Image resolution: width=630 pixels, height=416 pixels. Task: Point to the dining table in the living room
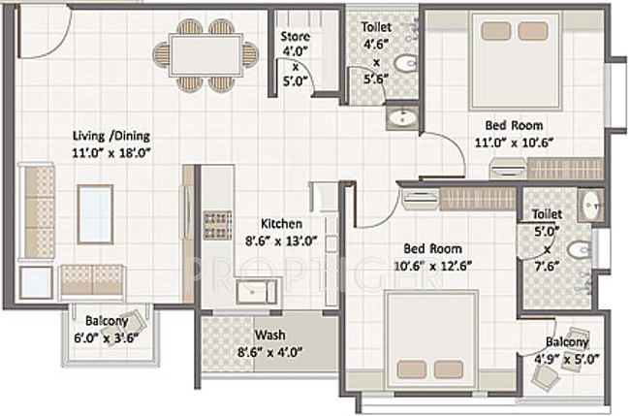tap(205, 54)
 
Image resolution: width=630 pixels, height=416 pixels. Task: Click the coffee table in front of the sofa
tap(95, 213)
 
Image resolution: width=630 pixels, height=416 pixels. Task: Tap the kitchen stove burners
tap(215, 224)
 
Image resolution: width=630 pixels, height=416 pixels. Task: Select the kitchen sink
tap(257, 291)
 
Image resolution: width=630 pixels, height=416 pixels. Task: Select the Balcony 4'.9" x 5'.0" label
tap(566, 342)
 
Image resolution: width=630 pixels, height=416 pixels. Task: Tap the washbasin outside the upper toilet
tap(398, 119)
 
